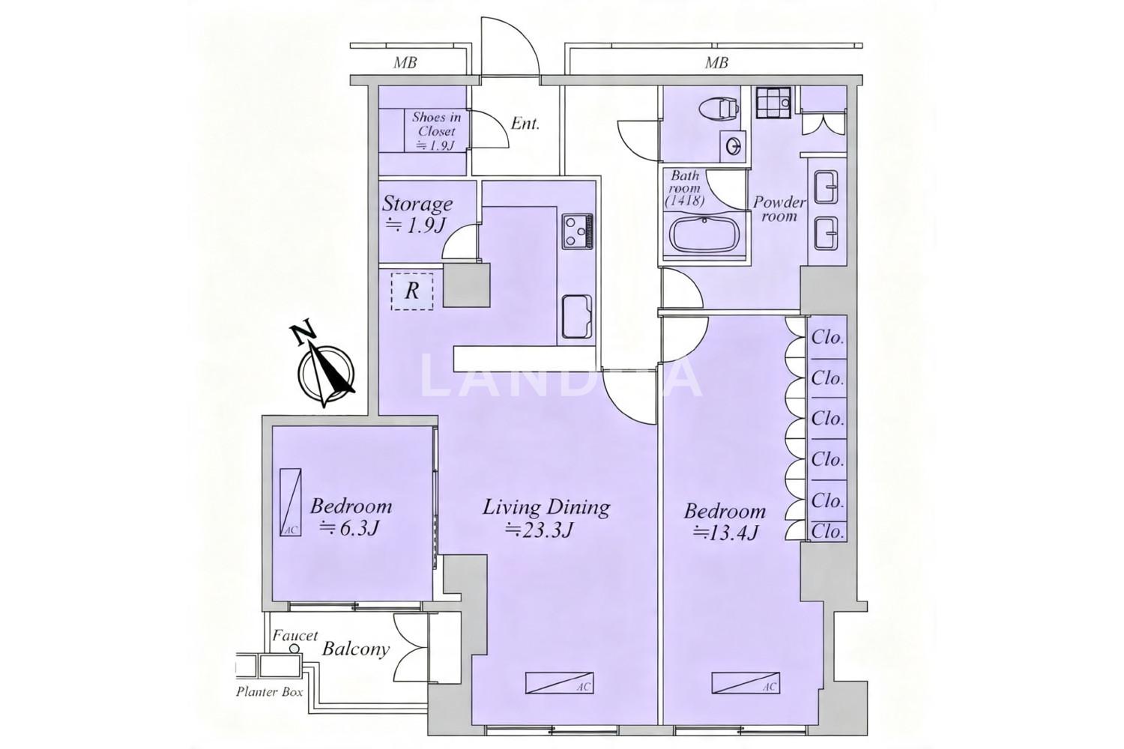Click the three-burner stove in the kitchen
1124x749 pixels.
[577, 231]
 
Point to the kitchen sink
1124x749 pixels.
[576, 317]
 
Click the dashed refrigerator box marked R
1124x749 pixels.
[412, 291]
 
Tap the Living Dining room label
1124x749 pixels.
[546, 507]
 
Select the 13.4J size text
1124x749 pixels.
[725, 533]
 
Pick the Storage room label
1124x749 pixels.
[417, 204]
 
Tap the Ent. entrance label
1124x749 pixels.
[525, 124]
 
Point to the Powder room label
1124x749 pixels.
[779, 209]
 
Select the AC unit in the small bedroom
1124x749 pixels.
[291, 502]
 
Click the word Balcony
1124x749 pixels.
[356, 649]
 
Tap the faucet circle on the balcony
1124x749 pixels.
[294, 649]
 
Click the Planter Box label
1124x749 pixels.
[270, 692]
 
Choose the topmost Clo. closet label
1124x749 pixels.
[827, 338]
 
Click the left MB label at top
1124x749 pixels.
[405, 63]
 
